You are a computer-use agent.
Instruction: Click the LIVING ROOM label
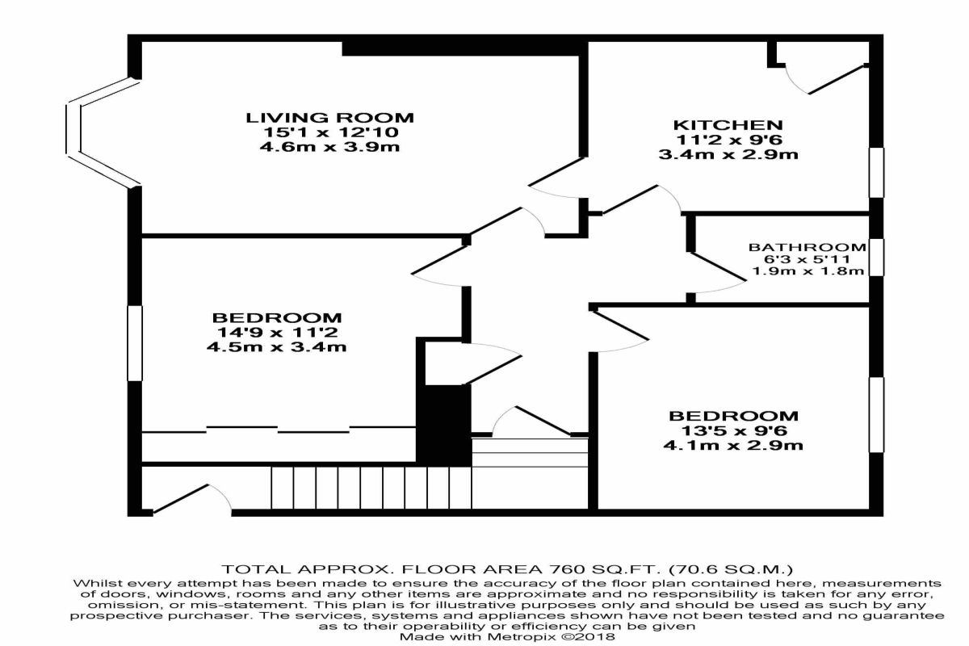pyautogui.click(x=329, y=118)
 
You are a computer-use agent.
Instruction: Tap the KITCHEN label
pyautogui.click(x=728, y=125)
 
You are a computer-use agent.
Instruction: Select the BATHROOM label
pyautogui.click(x=807, y=247)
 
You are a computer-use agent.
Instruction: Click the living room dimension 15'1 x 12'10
pyautogui.click(x=329, y=132)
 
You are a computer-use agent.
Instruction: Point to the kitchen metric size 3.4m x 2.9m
pyautogui.click(x=728, y=154)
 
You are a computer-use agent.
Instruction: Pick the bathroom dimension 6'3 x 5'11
pyautogui.click(x=807, y=259)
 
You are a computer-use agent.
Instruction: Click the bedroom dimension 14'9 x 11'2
pyautogui.click(x=277, y=333)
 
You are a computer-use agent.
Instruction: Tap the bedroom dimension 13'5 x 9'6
pyautogui.click(x=733, y=430)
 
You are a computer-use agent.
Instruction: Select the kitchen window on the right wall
pyautogui.click(x=875, y=171)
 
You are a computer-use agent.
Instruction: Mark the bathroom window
pyautogui.click(x=875, y=258)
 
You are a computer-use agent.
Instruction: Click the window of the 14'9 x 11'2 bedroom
pyautogui.click(x=135, y=342)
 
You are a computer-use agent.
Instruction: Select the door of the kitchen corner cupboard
pyautogui.click(x=836, y=79)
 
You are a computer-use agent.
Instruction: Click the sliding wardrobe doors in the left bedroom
pyautogui.click(x=279, y=428)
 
